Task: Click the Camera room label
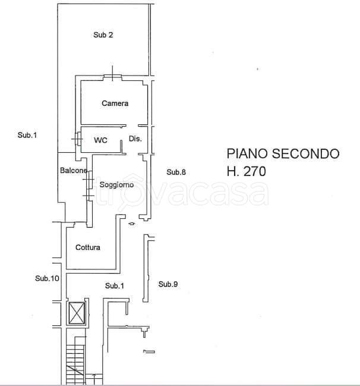pos(115,103)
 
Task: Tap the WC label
pos(101,140)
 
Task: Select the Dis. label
pos(135,139)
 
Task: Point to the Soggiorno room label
pos(116,185)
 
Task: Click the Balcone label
pos(74,171)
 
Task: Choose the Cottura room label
pos(88,247)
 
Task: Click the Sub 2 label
pos(103,35)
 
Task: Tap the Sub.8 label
pos(176,172)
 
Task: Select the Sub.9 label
pos(168,284)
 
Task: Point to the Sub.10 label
pos(47,278)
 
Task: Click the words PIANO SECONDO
pos(283,153)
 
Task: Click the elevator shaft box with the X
pos(78,313)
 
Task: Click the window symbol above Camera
pos(112,75)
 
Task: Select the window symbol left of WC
pos(78,138)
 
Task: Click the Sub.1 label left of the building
pos(27,136)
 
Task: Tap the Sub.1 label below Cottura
pos(115,286)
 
